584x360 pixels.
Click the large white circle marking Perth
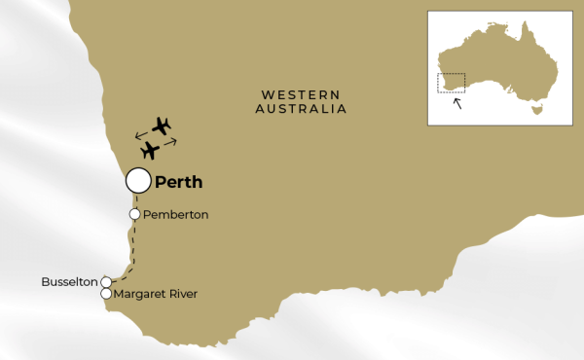(x=138, y=180)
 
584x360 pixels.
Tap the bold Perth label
(x=179, y=181)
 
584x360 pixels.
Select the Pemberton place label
(x=176, y=214)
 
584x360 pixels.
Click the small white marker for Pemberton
(x=135, y=214)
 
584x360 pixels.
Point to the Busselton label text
(x=69, y=282)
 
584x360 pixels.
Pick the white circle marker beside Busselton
(x=106, y=282)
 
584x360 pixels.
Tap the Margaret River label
(x=157, y=294)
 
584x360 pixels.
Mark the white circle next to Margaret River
(x=106, y=294)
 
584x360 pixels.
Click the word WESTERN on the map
(x=300, y=94)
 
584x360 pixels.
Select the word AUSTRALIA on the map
(x=301, y=109)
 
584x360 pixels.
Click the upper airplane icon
(x=162, y=126)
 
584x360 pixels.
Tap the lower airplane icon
(x=150, y=151)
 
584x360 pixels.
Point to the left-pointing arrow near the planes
(x=141, y=131)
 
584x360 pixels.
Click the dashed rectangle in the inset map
(x=451, y=84)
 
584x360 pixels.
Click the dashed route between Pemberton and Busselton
(x=132, y=248)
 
